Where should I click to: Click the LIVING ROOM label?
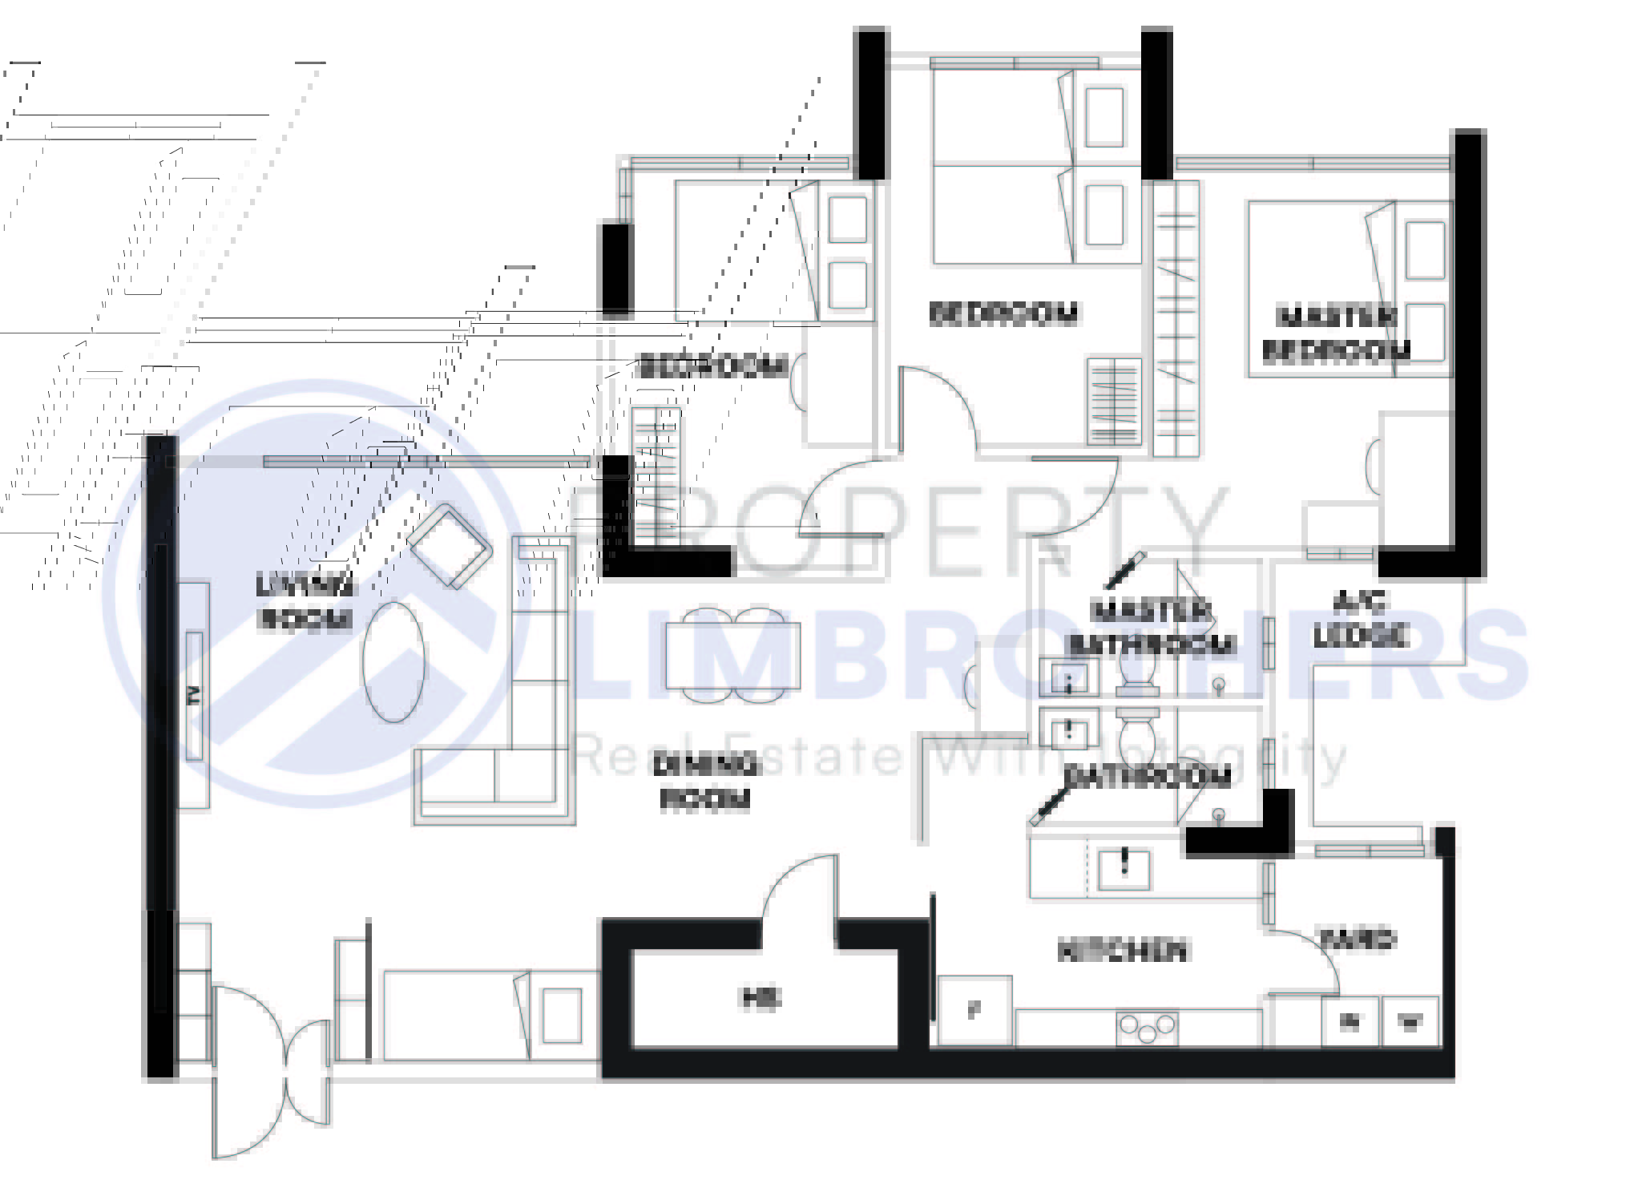pos(305,602)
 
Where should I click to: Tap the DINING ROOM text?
pos(705,782)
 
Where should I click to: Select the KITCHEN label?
pos(1122,951)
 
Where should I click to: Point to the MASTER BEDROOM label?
pos(1336,334)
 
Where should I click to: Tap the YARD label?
pos(1358,939)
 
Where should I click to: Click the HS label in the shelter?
pos(761,998)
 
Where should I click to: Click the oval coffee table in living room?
pos(393,662)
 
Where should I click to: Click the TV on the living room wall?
pos(194,695)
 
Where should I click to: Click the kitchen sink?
pos(1124,868)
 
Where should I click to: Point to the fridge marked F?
pos(974,1010)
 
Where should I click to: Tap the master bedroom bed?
pos(1330,289)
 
